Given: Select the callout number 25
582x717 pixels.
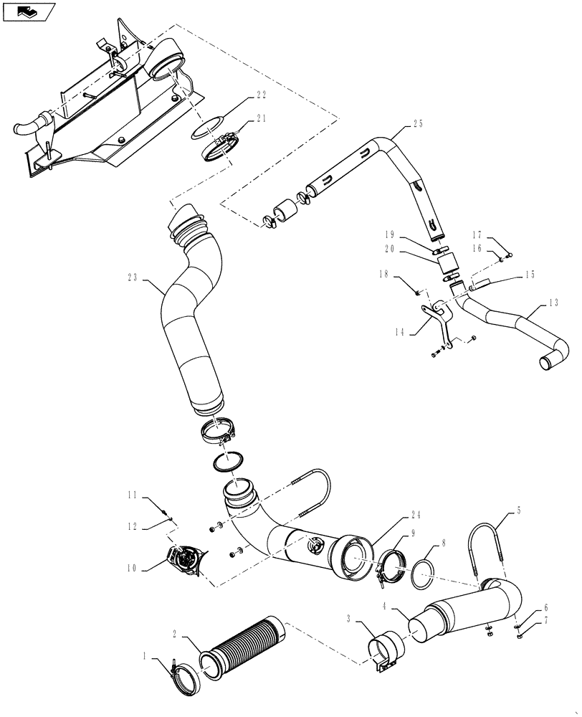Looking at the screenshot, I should click(417, 123).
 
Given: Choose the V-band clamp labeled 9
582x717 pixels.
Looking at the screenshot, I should click(388, 566).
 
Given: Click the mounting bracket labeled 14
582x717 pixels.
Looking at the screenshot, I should click(436, 318).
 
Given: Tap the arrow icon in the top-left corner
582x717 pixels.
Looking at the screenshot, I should click(28, 11).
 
